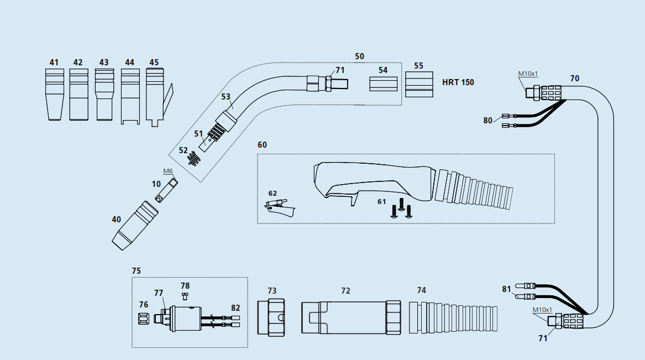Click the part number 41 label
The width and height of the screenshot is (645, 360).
(x=54, y=62)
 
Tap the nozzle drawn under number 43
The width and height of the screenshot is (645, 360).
(x=104, y=95)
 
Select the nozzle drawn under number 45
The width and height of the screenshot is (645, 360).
(x=154, y=95)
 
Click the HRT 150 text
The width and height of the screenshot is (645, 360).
(x=458, y=82)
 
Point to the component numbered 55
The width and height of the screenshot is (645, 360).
(x=418, y=85)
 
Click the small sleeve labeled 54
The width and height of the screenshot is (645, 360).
(x=383, y=85)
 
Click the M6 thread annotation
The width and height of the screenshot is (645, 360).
(x=168, y=171)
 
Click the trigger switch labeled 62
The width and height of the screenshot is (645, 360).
(x=280, y=208)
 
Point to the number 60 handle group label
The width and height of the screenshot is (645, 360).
(x=262, y=145)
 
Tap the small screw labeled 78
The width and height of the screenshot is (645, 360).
(x=186, y=295)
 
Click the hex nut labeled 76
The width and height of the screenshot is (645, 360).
(x=143, y=319)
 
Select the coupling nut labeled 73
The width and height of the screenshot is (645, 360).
(x=271, y=317)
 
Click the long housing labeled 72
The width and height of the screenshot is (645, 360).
(x=350, y=317)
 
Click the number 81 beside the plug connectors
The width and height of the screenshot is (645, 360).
(x=506, y=289)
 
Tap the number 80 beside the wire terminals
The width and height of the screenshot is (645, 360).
(x=487, y=121)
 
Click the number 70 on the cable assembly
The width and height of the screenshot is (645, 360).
(x=574, y=79)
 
